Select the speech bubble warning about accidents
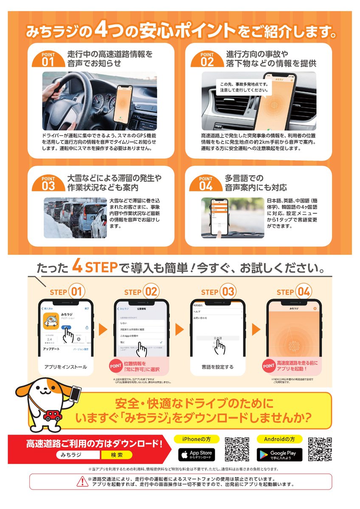(241, 87)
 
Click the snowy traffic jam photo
(75, 218)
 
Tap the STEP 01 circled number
(78, 292)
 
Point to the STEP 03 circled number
(228, 292)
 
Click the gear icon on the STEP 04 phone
(315, 308)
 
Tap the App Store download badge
(196, 455)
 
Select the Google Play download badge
(279, 455)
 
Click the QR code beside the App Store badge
(237, 449)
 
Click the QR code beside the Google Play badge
(320, 449)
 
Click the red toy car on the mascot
(53, 415)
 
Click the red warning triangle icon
(82, 481)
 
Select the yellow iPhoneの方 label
(197, 439)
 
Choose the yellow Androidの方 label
(279, 439)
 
